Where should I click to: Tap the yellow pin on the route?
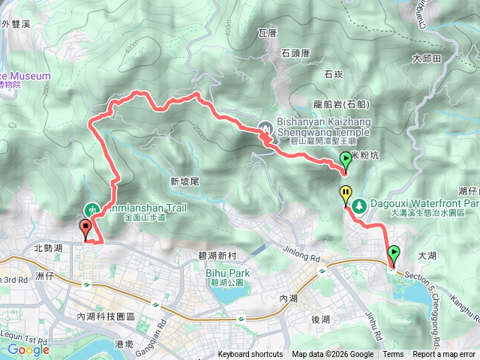click(x=346, y=195)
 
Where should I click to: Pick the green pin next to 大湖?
click(x=393, y=254)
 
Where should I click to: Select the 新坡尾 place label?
click(x=184, y=181)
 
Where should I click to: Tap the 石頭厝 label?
click(x=295, y=52)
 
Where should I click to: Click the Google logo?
click(x=28, y=349)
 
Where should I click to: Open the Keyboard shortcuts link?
click(x=250, y=355)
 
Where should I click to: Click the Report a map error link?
click(x=444, y=355)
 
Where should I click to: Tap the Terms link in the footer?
click(x=393, y=355)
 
